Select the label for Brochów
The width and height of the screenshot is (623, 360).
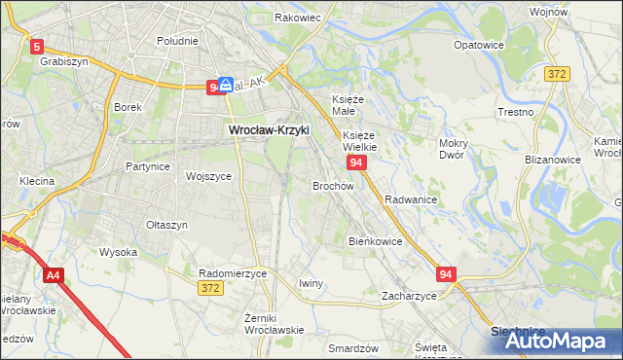[x=332, y=185]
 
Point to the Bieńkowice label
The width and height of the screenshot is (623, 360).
[x=375, y=240]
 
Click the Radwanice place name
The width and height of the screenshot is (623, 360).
[x=411, y=198]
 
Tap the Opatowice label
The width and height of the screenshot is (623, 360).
[x=479, y=45]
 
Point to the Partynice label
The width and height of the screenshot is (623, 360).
[x=148, y=166]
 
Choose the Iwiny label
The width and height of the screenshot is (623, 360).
[x=311, y=283]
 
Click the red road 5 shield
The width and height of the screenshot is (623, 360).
[x=37, y=45]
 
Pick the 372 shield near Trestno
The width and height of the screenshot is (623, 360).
[x=557, y=74]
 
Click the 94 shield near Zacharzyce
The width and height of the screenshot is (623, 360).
[x=446, y=275]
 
